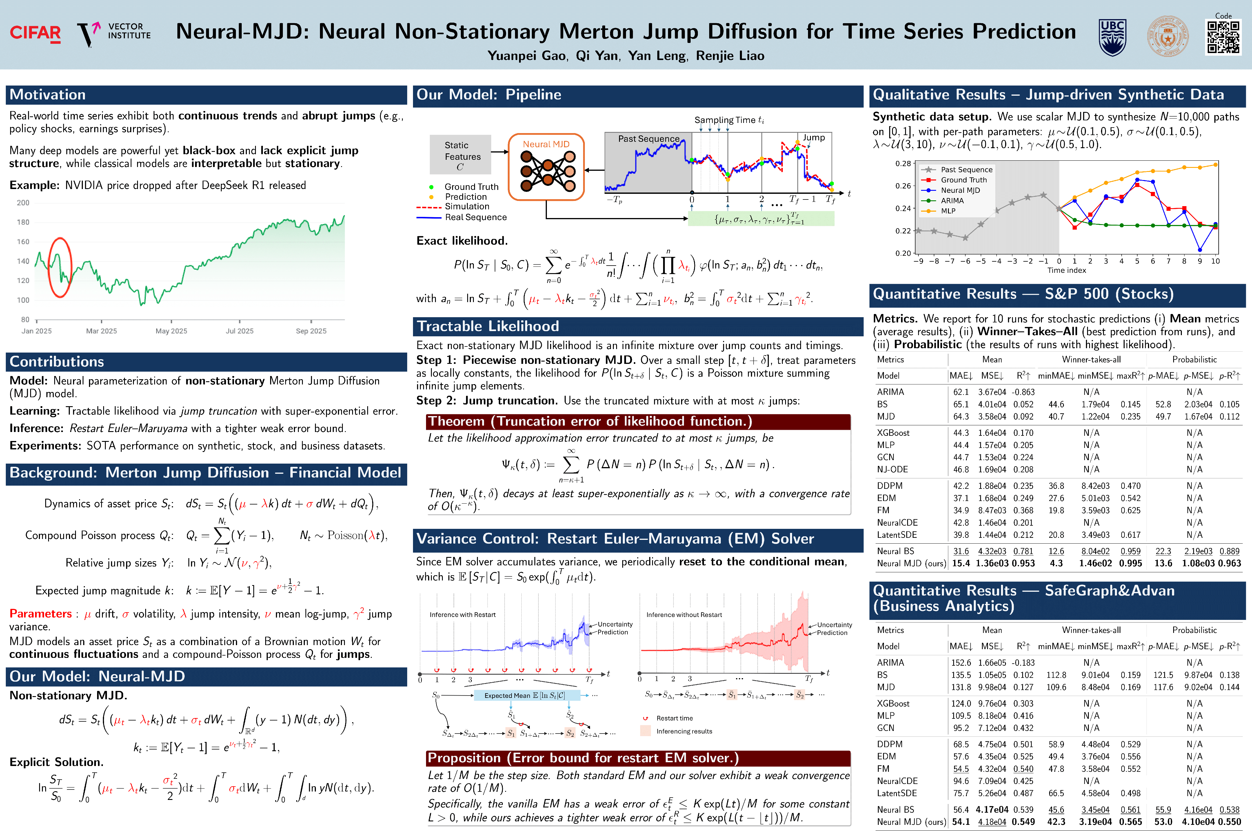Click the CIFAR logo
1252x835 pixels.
[35, 33]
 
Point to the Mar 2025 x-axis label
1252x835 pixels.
[101, 331]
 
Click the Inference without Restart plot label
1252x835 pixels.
[684, 615]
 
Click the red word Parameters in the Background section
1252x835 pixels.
[41, 613]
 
